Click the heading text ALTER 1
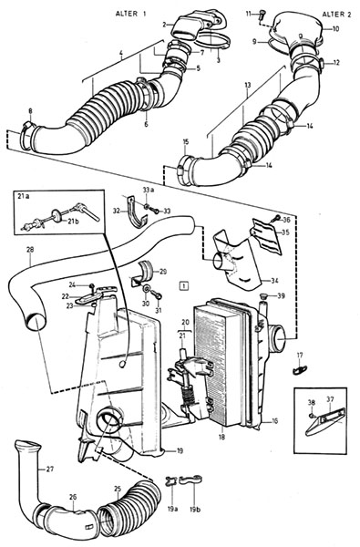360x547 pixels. (130, 14)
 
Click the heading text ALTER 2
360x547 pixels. (337, 15)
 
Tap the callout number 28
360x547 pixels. (30, 250)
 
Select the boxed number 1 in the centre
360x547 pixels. (184, 285)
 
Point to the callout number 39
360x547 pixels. (280, 295)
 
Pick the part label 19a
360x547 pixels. (172, 509)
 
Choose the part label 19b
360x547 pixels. (195, 509)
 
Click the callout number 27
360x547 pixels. (50, 470)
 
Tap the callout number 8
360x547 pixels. (30, 111)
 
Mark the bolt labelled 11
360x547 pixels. (262, 15)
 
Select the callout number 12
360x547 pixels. (336, 63)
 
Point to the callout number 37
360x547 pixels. (330, 398)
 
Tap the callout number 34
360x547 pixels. (274, 280)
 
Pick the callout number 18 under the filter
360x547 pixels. (221, 437)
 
